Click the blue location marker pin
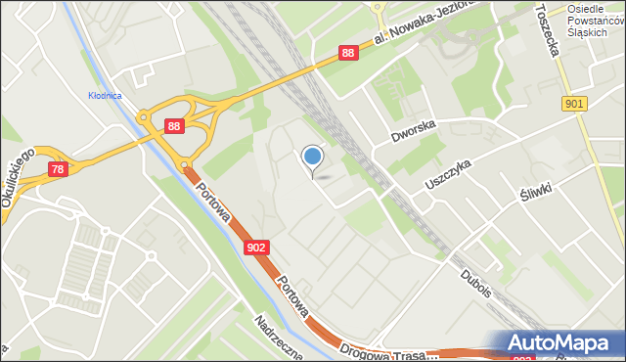coord(312,157)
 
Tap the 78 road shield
coord(57,170)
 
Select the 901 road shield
coord(575,104)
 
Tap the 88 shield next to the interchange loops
coord(173,125)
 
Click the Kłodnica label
coord(104,95)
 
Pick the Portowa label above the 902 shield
coord(213,202)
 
